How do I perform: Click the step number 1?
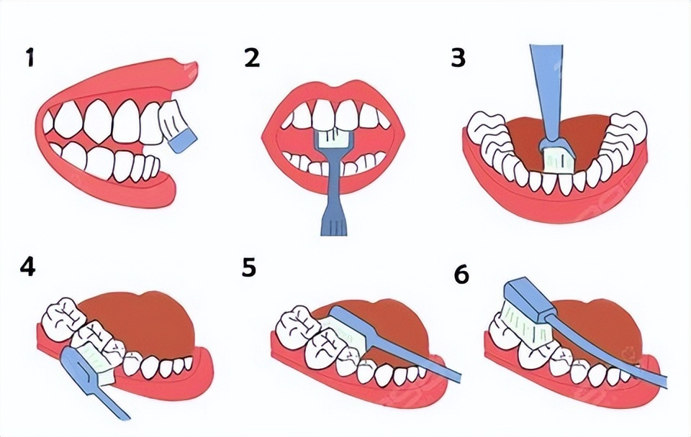[x=30, y=57]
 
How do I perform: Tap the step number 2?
[x=252, y=57]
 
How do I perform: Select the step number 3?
[x=459, y=57]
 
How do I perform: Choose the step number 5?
[x=249, y=267]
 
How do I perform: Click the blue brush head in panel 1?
[x=183, y=142]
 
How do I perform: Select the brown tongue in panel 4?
[x=137, y=323]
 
